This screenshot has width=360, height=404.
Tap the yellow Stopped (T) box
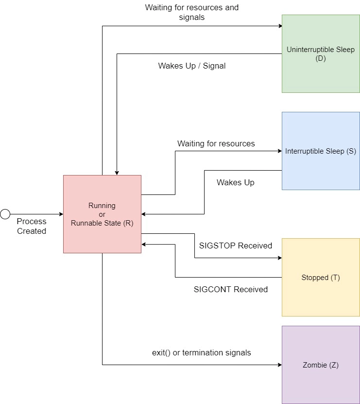point(321,292)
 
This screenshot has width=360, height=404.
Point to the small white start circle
point(5,214)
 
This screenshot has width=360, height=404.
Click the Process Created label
point(32,226)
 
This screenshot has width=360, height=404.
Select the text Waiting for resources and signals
point(192,12)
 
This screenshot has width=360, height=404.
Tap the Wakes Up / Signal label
point(192,66)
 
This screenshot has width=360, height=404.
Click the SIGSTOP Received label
point(236,246)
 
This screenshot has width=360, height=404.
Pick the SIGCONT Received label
point(231,289)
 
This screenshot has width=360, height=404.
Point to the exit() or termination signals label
point(202,352)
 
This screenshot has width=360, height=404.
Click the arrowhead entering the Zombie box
point(279,365)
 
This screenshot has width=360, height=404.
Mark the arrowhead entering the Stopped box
point(279,258)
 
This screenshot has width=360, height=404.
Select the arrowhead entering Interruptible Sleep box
point(279,151)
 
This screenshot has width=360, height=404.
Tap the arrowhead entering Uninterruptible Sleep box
point(280,26)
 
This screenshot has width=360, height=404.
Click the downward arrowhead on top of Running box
point(117,173)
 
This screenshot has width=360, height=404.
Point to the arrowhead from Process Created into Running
point(61,214)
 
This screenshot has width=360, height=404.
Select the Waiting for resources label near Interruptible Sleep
point(216,143)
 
